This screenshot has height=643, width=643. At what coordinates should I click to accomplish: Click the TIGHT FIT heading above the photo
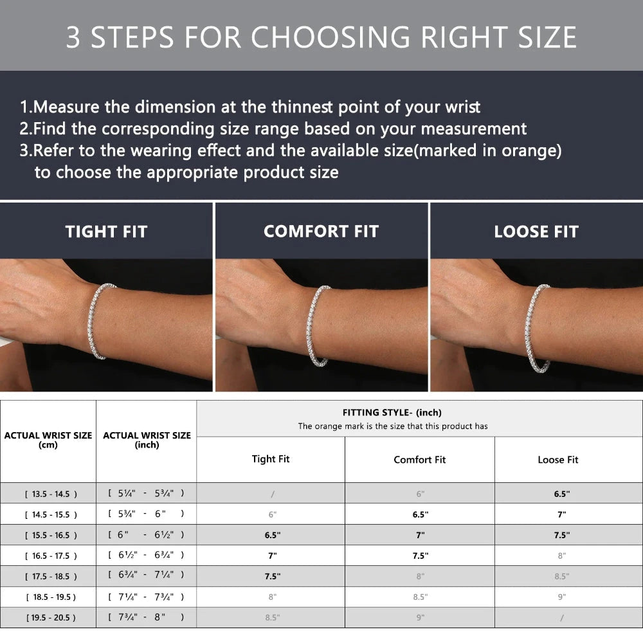click(106, 231)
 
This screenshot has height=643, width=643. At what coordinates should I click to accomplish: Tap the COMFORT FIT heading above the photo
click(321, 231)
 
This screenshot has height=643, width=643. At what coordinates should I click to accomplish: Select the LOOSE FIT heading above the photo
click(536, 231)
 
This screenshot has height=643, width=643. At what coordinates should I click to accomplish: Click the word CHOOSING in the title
click(331, 37)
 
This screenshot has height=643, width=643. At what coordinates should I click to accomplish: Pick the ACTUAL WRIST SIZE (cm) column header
click(48, 440)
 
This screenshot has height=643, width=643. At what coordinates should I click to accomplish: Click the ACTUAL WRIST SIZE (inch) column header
click(147, 440)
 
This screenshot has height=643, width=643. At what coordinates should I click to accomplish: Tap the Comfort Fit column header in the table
click(419, 460)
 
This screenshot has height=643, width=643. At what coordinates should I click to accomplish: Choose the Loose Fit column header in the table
click(557, 460)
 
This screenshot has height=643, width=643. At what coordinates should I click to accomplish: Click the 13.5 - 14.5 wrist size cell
click(51, 494)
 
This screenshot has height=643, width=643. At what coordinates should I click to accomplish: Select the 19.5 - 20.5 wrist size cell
click(51, 617)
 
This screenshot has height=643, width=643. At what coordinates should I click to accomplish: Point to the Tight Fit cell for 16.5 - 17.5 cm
click(272, 556)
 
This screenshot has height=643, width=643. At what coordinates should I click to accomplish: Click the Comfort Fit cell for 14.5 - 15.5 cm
click(421, 514)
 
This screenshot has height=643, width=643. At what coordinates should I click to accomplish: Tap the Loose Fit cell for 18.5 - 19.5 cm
click(561, 597)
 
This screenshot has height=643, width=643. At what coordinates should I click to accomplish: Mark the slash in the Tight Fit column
click(273, 494)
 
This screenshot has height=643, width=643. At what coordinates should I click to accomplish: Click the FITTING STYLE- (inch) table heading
click(392, 413)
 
